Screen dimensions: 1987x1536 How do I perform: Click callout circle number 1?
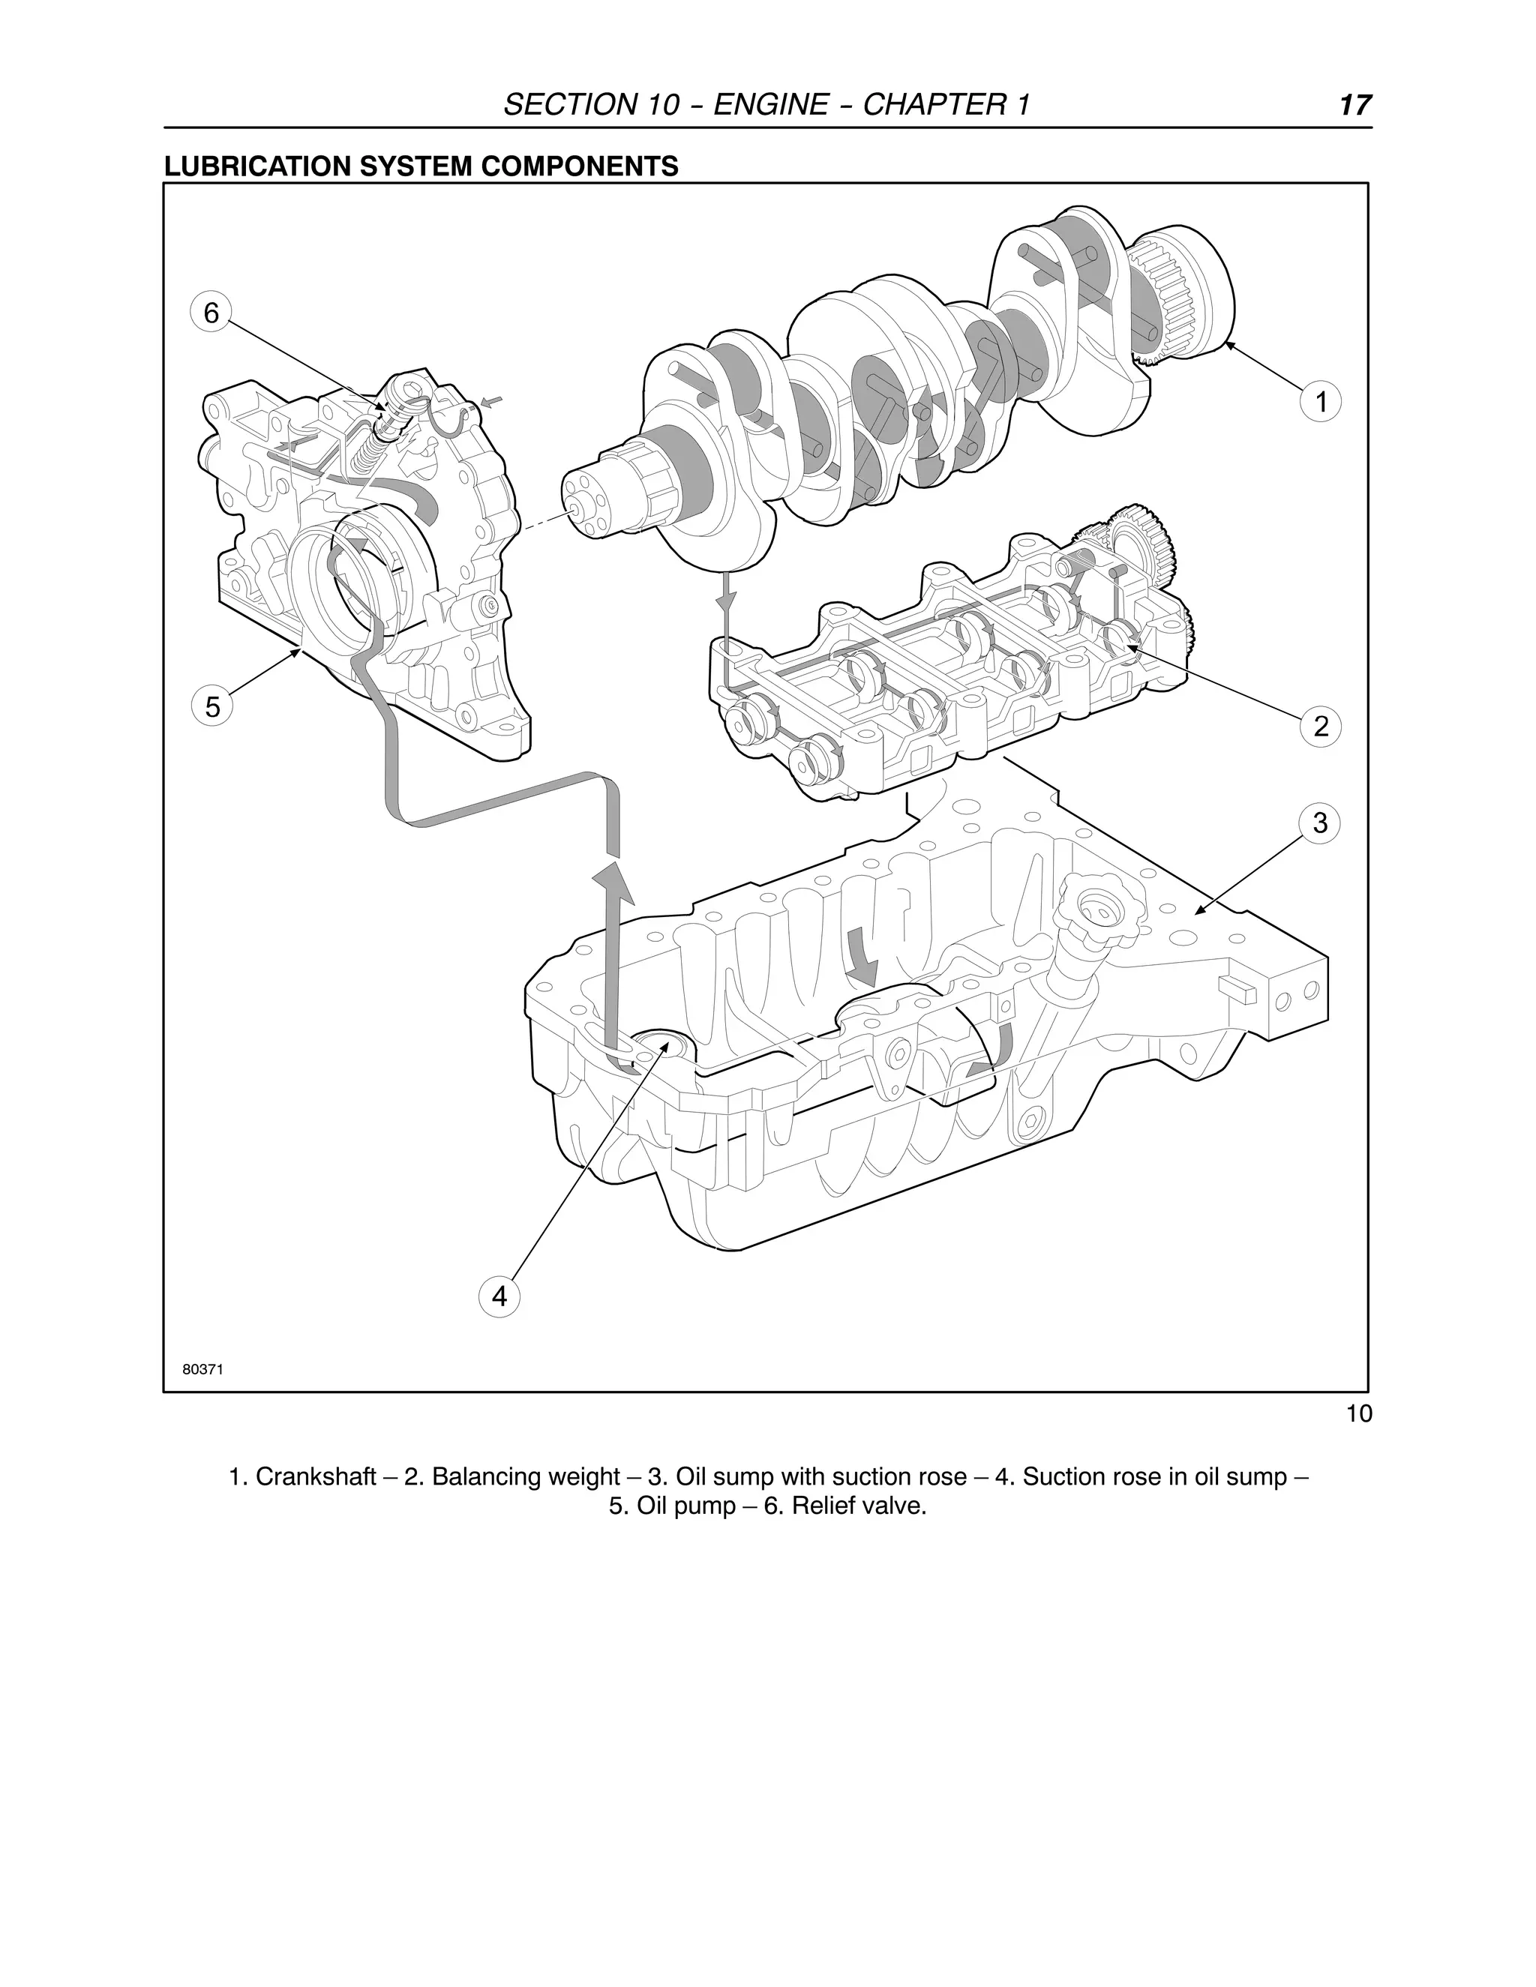point(1321,401)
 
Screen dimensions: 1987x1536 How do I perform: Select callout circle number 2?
point(1321,725)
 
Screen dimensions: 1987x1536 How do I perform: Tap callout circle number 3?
point(1320,823)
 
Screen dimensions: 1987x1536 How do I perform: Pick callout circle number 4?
point(499,1296)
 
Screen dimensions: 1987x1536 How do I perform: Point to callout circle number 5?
point(212,707)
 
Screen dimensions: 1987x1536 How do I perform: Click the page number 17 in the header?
point(1354,106)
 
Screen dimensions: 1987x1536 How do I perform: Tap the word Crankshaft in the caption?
point(315,1476)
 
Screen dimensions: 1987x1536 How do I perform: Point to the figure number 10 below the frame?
point(1357,1415)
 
